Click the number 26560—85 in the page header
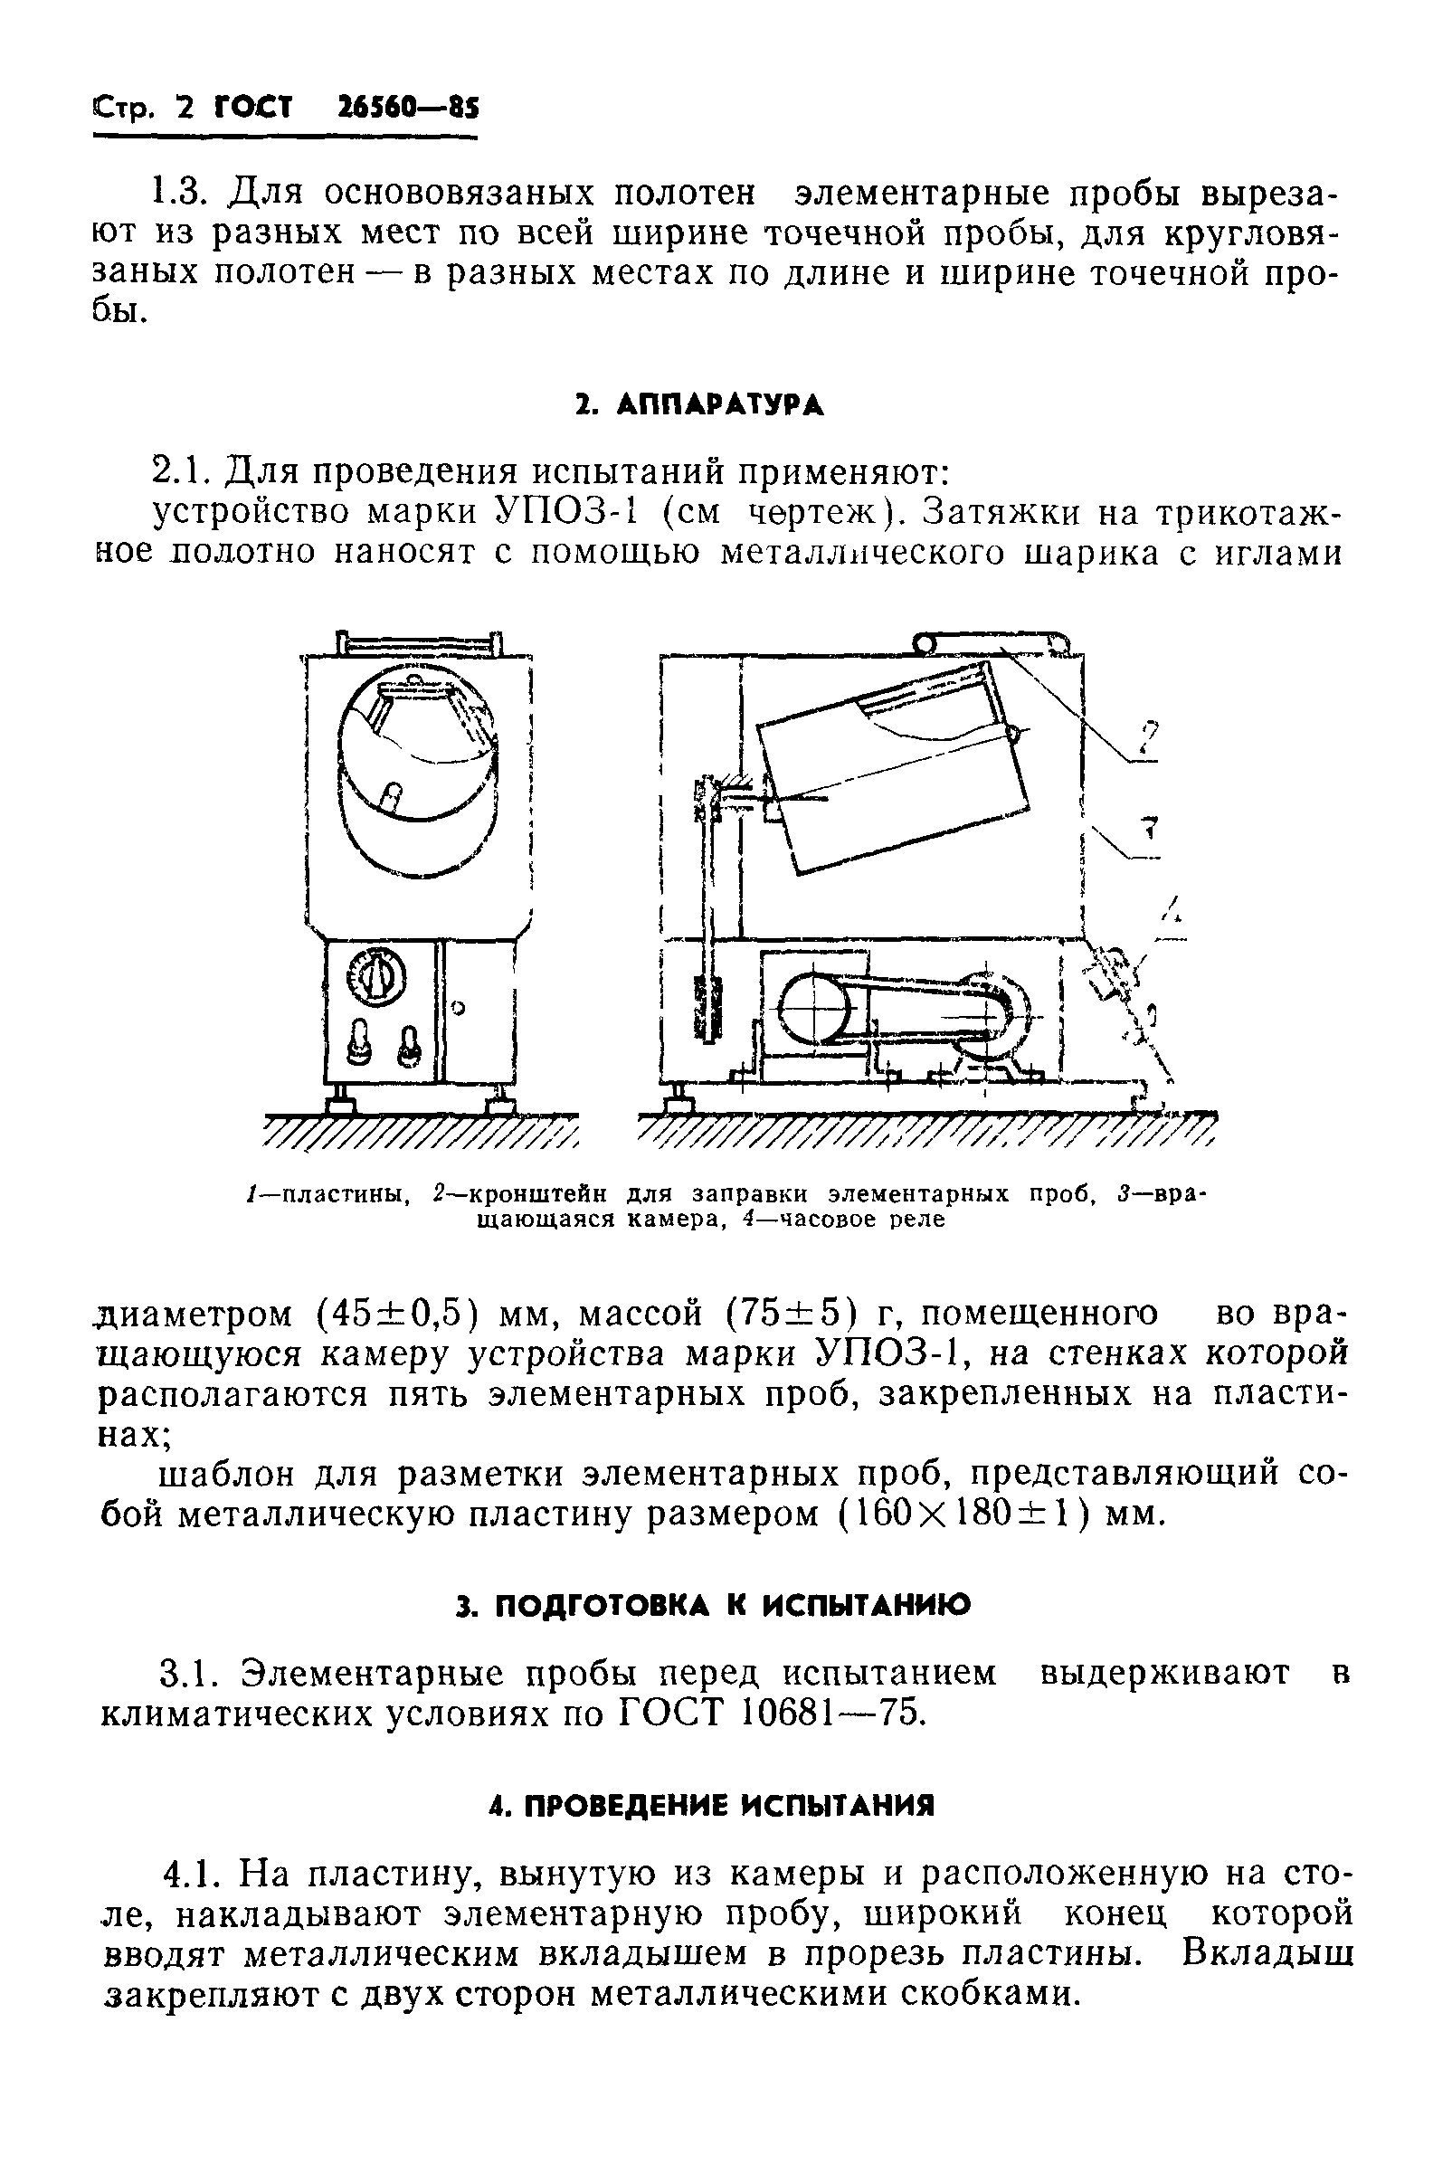point(407,109)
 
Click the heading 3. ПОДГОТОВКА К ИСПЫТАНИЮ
point(714,1605)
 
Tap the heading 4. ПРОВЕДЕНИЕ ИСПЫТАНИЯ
point(712,1806)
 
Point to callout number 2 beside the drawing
point(1148,738)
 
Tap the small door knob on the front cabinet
point(459,1007)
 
